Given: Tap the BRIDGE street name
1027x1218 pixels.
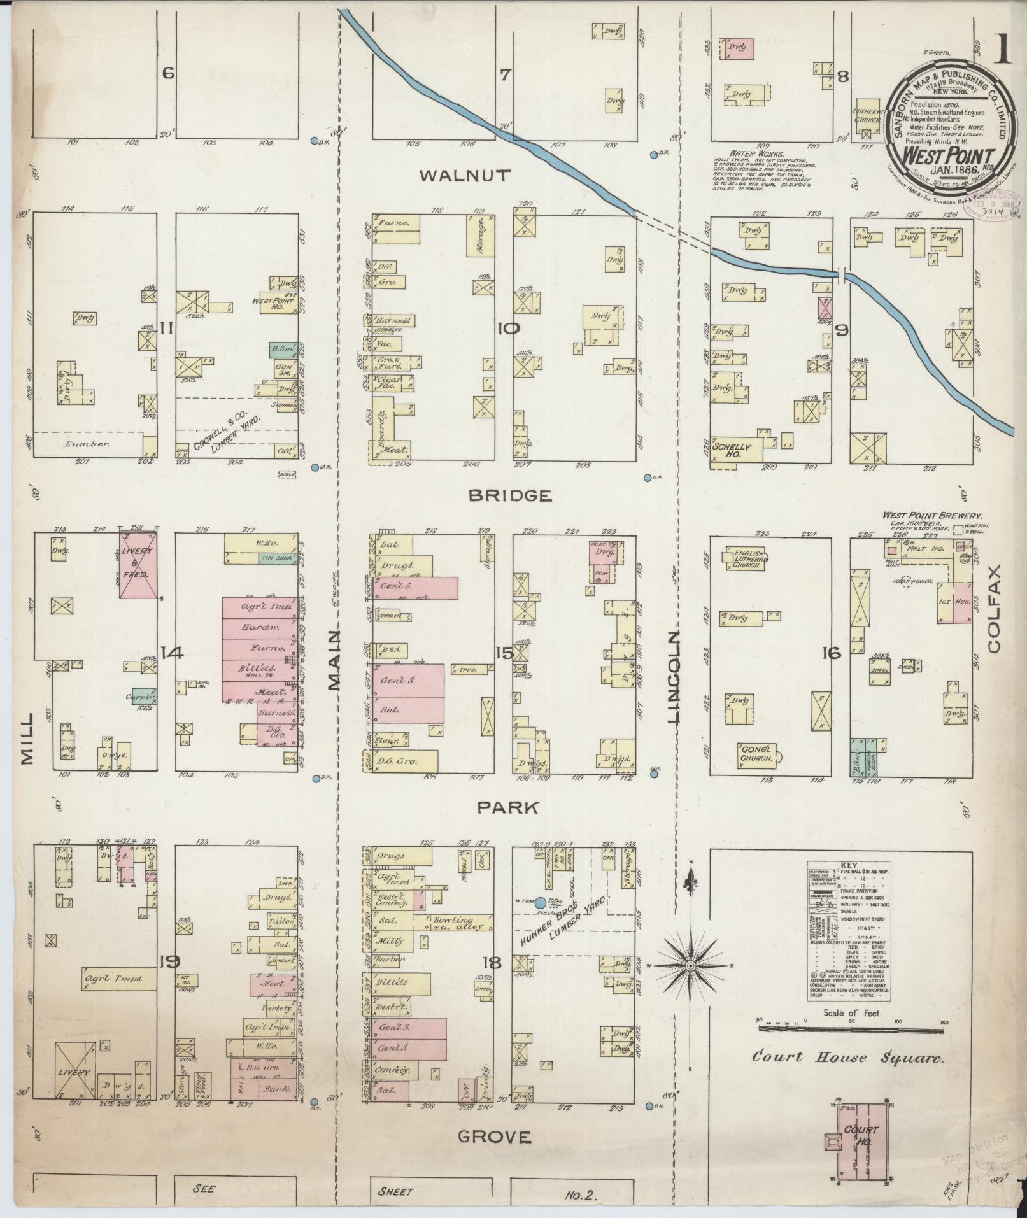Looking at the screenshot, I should [509, 495].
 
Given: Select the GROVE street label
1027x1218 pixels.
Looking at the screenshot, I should [493, 1136].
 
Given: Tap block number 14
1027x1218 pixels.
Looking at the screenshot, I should [172, 653].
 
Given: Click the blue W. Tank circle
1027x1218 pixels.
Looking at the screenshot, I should [540, 902].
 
